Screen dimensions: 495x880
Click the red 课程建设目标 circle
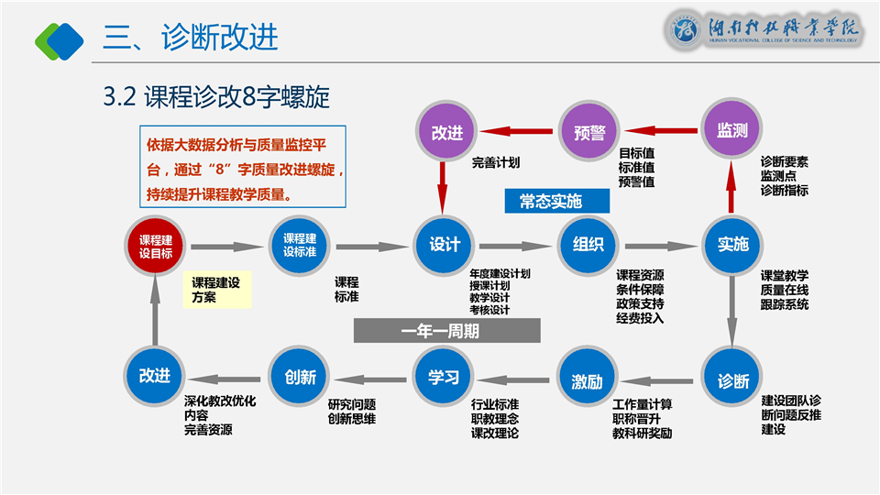[156, 247]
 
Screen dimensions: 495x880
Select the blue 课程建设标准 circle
[300, 246]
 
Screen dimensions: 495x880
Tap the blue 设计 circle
[445, 246]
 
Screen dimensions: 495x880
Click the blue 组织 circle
[588, 246]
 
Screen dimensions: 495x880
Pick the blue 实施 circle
[732, 246]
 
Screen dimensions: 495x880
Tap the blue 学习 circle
[444, 377]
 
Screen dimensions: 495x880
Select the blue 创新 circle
[300, 377]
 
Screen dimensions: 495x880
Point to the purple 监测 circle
[732, 130]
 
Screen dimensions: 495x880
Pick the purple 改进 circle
[446, 132]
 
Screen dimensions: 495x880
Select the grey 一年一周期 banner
[446, 331]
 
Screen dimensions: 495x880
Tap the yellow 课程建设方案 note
[216, 290]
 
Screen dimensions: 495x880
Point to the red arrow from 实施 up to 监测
[732, 189]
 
